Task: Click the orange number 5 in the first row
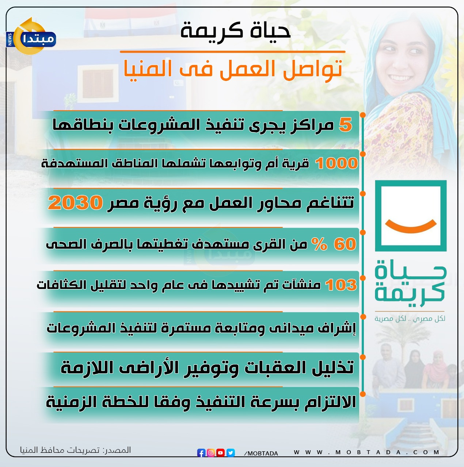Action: [x=345, y=125]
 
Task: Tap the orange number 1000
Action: [x=336, y=163]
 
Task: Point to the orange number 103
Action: [x=341, y=285]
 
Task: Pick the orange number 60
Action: [x=345, y=244]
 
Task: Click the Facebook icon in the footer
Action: [x=201, y=453]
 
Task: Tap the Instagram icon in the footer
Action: [x=211, y=453]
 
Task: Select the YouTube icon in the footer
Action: [x=220, y=453]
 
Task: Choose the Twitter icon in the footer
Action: [x=231, y=453]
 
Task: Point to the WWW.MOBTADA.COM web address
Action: [x=366, y=452]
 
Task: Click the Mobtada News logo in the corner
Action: [x=31, y=36]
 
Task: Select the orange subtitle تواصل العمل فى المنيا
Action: [x=233, y=69]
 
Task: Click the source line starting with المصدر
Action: [x=76, y=450]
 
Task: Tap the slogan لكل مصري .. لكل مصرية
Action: [x=410, y=319]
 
